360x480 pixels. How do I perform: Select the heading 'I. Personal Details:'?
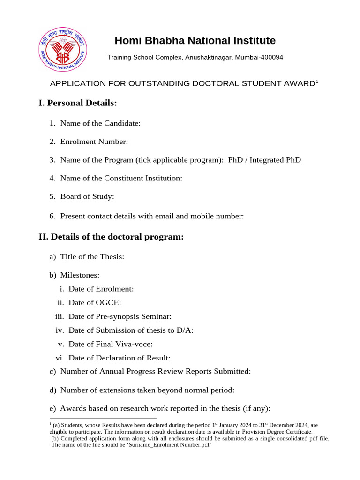coord(77,103)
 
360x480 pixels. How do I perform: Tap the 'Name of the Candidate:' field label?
coord(100,123)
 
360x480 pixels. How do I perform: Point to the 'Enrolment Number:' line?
coord(94,142)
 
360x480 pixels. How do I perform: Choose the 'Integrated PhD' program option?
coord(275,160)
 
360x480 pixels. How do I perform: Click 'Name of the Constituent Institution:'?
coord(121,178)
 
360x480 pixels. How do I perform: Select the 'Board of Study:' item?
coord(87,196)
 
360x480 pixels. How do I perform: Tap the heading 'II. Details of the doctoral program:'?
coord(111,237)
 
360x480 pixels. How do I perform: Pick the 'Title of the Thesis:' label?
coord(92,257)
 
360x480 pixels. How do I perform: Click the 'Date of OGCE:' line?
coord(95,303)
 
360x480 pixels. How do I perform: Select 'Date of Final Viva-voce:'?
coord(111,344)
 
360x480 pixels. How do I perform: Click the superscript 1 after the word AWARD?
coord(317,82)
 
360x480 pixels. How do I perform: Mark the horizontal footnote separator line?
coord(103,419)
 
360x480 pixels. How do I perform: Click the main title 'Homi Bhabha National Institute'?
coord(195,41)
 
